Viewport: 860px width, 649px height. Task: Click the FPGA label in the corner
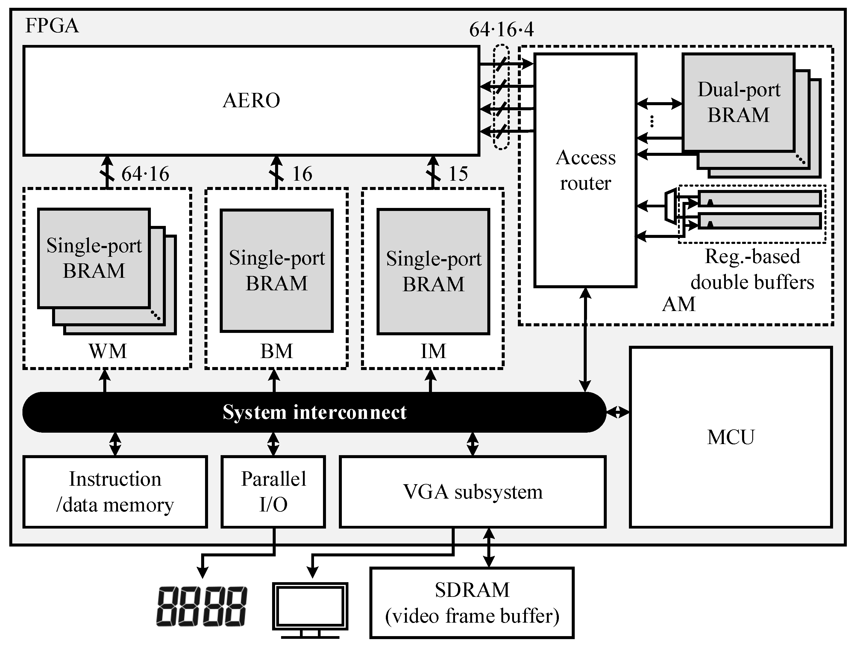click(x=52, y=26)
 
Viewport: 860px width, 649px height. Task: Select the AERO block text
click(x=251, y=100)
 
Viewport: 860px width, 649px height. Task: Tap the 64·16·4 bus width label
click(x=501, y=30)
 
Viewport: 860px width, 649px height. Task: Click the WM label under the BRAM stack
click(x=108, y=351)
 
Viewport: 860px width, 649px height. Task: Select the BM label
click(x=276, y=351)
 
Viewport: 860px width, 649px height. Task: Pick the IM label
click(x=433, y=351)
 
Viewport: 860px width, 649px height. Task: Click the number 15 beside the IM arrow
click(x=458, y=174)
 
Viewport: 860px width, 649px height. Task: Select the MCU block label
click(x=730, y=437)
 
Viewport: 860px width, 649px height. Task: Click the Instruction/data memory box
click(x=115, y=492)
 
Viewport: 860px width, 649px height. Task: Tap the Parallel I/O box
click(x=273, y=492)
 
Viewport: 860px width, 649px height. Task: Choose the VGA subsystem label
click(x=473, y=492)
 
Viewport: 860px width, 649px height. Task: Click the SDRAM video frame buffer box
click(x=472, y=603)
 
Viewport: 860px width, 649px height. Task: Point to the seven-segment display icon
click(x=201, y=606)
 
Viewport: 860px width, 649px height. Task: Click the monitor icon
click(x=310, y=609)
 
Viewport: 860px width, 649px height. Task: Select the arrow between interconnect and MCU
click(x=618, y=412)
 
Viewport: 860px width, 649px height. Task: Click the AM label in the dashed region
click(x=678, y=304)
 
